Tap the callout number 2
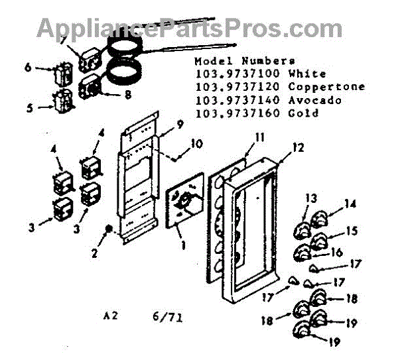[94, 253]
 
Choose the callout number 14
[350, 204]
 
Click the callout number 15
[351, 231]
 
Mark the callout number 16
[337, 252]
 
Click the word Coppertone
[326, 87]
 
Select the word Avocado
[315, 100]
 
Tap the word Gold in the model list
[304, 113]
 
